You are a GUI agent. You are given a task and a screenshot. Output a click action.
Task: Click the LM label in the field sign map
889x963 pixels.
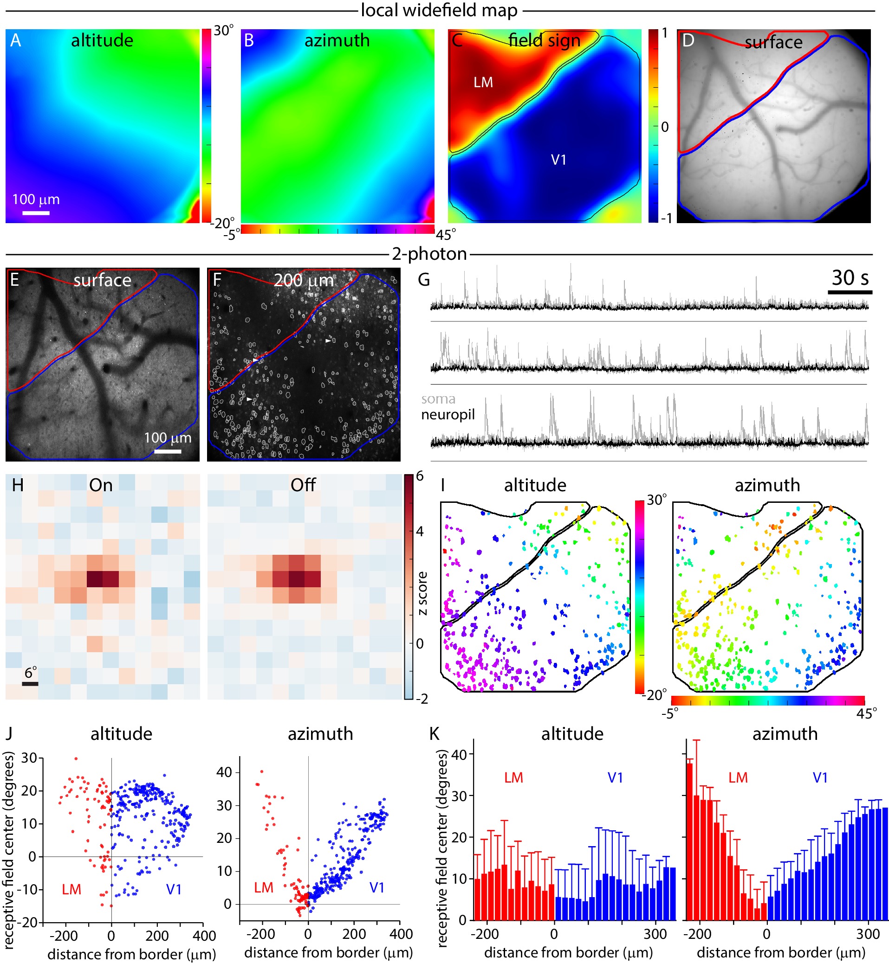tap(483, 83)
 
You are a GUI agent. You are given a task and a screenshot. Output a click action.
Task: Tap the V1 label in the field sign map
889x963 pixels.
tap(558, 160)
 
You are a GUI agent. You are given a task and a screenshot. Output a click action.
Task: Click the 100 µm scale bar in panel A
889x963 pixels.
tap(36, 212)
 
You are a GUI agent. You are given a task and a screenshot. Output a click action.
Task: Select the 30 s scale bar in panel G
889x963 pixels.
tap(850, 292)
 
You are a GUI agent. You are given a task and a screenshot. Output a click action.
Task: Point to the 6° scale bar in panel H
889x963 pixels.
tap(30, 683)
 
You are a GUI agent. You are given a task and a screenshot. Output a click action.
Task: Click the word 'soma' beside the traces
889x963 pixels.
tap(438, 399)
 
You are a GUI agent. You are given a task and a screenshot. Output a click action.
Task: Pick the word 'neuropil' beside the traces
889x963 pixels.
tap(448, 414)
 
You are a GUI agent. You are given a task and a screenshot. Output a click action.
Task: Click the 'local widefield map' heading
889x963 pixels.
tap(439, 11)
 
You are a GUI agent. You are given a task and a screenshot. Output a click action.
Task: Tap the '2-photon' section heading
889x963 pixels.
tap(429, 254)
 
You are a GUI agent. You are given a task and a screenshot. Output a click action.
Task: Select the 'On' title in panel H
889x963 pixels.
tap(101, 485)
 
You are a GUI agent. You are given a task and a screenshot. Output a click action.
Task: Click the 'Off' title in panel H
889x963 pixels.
tap(303, 485)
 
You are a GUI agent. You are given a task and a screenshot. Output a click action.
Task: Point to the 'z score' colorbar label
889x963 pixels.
tap(422, 593)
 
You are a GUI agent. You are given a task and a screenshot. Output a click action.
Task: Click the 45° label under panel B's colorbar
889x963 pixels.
tap(446, 235)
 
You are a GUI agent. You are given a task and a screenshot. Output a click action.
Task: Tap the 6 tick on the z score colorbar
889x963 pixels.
tap(420, 476)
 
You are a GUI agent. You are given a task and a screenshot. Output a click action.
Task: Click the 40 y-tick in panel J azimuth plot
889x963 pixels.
tap(224, 773)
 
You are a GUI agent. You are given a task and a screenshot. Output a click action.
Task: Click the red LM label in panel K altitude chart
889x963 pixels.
tap(513, 778)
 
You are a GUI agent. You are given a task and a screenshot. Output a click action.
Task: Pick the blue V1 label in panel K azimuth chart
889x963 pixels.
tap(820, 778)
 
